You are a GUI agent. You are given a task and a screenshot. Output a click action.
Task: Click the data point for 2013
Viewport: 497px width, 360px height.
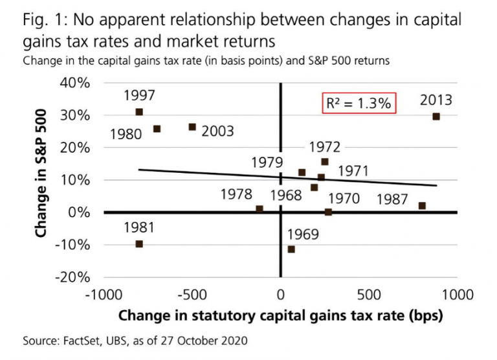(436, 117)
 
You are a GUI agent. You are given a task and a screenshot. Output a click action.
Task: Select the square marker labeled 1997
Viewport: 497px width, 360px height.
(139, 112)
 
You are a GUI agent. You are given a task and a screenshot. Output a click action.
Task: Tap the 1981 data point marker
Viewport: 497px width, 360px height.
(139, 244)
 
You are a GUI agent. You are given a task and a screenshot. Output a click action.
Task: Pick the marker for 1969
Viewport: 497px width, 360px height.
(291, 249)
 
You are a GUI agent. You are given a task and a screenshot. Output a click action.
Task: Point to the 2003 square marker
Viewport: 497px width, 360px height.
(192, 127)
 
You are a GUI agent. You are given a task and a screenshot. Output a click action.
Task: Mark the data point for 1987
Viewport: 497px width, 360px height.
(422, 206)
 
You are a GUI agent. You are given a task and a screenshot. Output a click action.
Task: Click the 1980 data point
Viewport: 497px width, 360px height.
(157, 129)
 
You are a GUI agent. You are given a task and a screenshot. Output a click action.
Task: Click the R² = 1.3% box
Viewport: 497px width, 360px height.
(359, 104)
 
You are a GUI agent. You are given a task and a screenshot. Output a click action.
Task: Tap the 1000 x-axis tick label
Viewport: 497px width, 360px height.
(458, 295)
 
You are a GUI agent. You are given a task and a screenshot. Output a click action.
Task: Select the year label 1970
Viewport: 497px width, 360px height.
(343, 197)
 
